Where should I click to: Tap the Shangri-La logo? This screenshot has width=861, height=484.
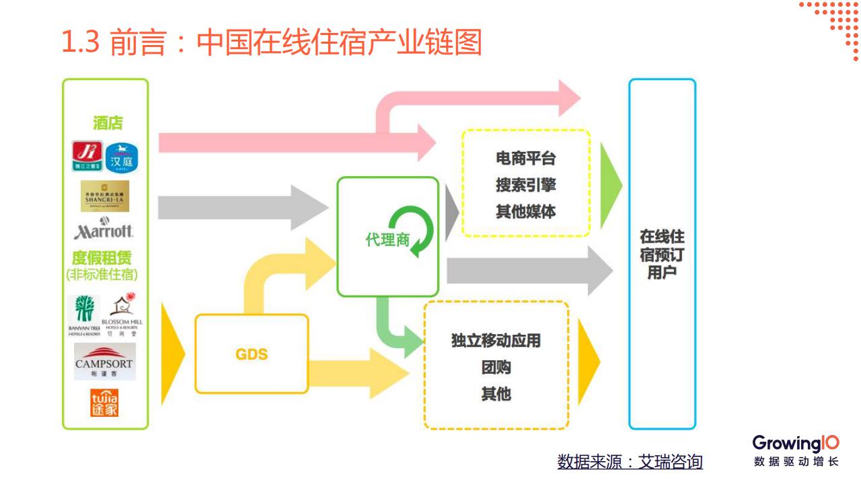(x=105, y=196)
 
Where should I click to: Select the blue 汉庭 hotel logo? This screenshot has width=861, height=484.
(x=122, y=157)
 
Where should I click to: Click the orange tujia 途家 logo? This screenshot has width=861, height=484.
(x=104, y=403)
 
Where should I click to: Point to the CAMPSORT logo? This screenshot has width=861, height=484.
(x=104, y=362)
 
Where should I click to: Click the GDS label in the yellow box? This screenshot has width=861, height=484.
(x=252, y=354)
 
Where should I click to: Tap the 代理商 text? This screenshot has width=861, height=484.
(x=387, y=240)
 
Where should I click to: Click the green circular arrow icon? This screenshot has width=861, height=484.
(x=412, y=231)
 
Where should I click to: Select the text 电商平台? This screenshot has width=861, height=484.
(x=526, y=159)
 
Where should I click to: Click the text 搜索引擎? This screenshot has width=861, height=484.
(x=526, y=186)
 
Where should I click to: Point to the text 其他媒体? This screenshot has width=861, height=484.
(x=526, y=212)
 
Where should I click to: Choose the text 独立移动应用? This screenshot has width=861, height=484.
(x=496, y=341)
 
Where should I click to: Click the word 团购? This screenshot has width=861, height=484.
(x=496, y=368)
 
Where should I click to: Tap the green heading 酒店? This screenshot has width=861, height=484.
(x=108, y=123)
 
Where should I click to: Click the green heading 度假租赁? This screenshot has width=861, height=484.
(x=102, y=258)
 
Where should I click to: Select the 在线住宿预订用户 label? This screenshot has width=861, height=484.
(x=662, y=255)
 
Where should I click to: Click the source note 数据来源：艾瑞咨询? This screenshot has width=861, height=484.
(x=630, y=462)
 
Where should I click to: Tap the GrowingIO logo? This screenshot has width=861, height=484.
(x=796, y=444)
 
